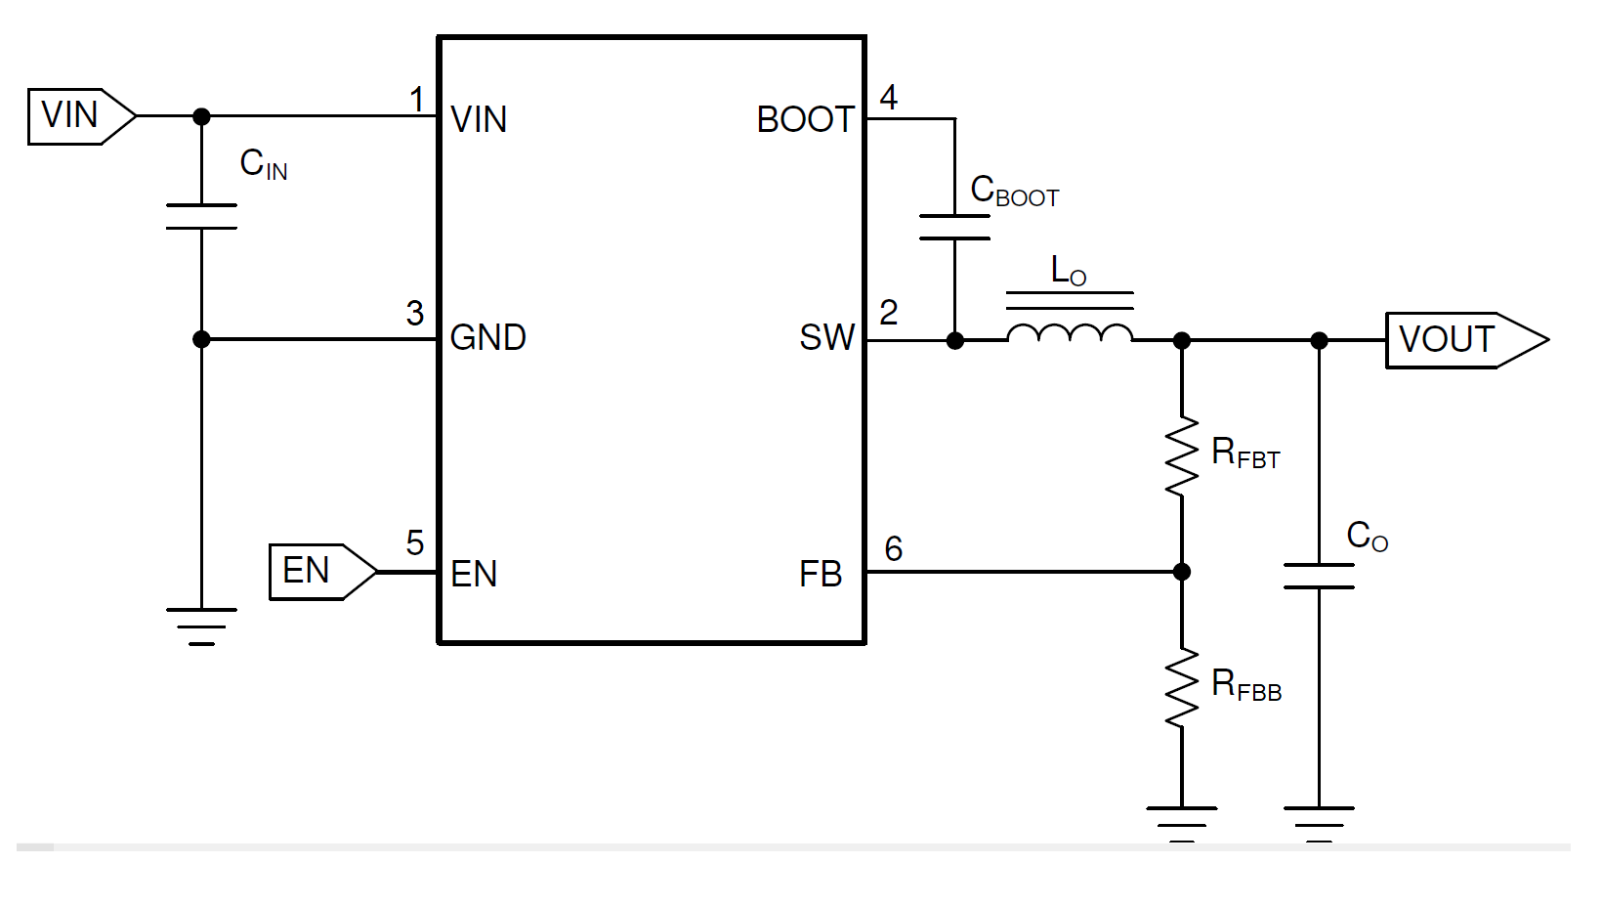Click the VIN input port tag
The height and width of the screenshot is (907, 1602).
coord(80,116)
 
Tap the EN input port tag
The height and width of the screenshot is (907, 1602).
coord(320,572)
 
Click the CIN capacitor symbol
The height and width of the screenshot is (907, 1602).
coord(201,217)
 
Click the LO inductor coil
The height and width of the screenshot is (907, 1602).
coord(1070,333)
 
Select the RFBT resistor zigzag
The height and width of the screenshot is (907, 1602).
coord(1182,456)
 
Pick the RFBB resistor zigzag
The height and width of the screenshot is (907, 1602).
coord(1182,688)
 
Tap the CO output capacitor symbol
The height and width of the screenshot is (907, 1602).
coord(1319,577)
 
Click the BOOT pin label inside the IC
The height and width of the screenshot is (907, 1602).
coord(805,120)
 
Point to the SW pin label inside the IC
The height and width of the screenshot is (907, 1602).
coord(826,338)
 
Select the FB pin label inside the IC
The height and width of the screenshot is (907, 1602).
coord(821,575)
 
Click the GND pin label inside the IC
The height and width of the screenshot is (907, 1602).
coord(487,338)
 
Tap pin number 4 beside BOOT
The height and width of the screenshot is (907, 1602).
coord(889,98)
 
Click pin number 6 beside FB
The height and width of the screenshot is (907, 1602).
coord(893,549)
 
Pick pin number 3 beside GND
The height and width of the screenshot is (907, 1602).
coord(415,314)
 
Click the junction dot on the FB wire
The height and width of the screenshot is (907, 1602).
coord(1182,572)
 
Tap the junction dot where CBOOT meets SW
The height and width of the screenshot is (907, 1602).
coord(955,340)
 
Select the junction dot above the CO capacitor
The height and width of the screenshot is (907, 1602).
coord(1319,340)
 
